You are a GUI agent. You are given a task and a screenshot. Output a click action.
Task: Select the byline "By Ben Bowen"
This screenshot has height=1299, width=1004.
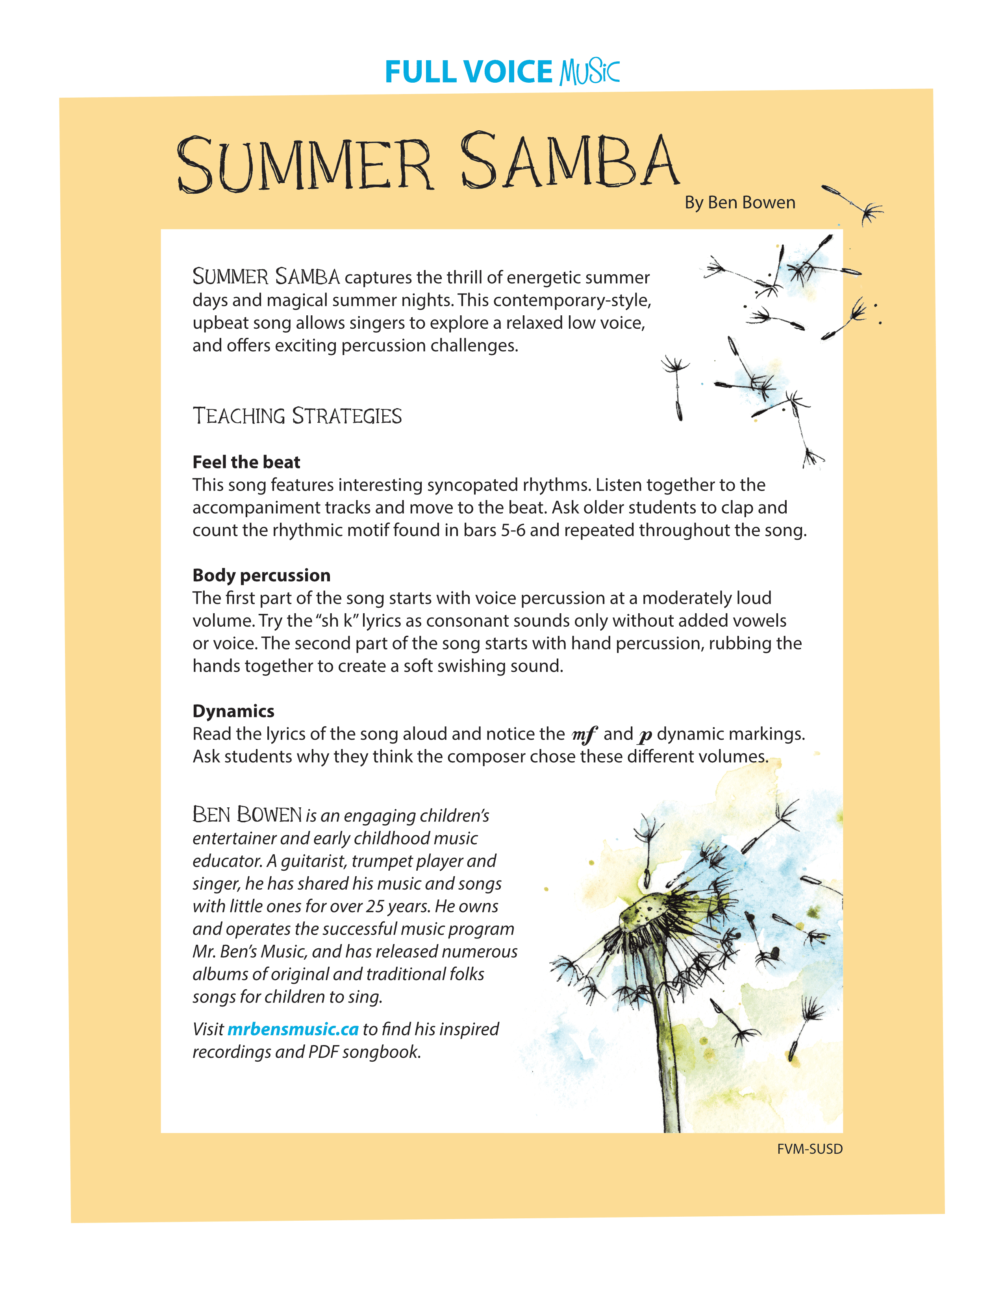(739, 203)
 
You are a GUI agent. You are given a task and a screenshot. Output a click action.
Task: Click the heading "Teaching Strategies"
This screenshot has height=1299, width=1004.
(297, 416)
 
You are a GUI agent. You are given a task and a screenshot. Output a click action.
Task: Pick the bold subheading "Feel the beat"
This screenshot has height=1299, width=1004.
(246, 462)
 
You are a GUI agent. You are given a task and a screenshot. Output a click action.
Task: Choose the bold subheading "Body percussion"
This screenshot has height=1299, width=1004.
(261, 575)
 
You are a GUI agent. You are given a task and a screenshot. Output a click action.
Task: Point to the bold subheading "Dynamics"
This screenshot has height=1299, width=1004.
(233, 711)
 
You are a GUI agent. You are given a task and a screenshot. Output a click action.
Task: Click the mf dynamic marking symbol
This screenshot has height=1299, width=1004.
(584, 735)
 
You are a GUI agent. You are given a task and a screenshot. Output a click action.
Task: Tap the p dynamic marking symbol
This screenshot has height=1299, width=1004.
(645, 736)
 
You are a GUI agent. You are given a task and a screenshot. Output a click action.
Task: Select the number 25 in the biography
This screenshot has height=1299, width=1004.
(375, 907)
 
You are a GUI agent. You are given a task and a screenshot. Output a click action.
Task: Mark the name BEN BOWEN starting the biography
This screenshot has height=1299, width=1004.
(247, 815)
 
